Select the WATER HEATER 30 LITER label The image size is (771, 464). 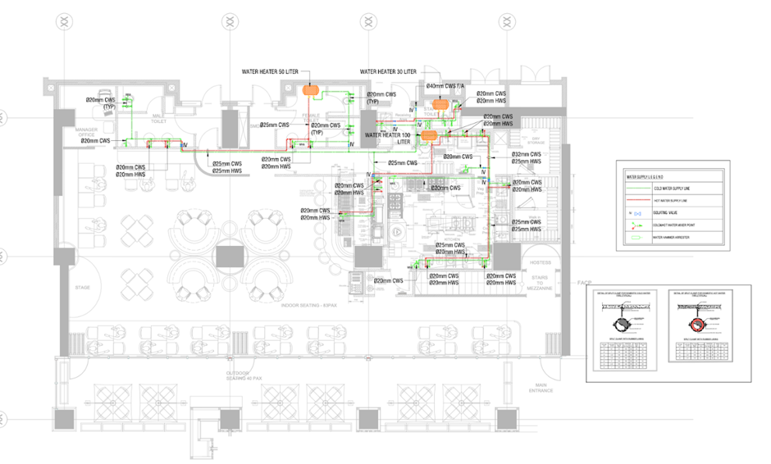[x=387, y=72]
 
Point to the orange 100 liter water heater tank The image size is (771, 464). [x=427, y=134]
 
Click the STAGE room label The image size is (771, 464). [x=81, y=288]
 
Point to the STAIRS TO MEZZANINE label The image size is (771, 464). [x=542, y=283]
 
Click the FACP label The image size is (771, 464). [x=583, y=283]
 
